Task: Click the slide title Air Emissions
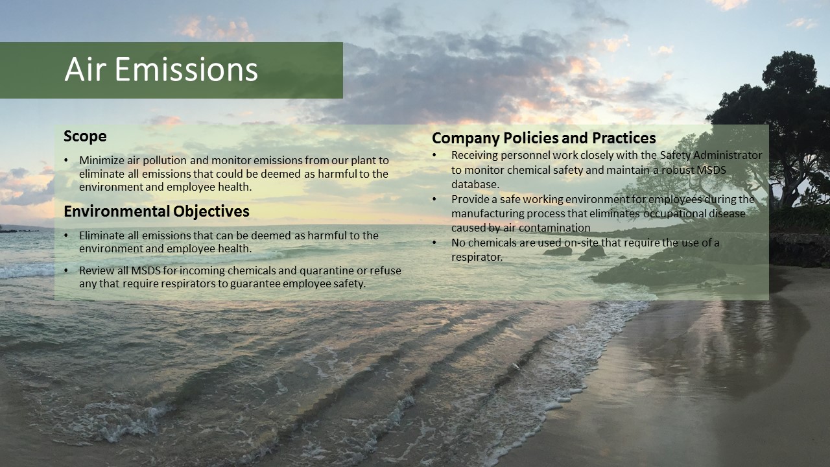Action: point(161,69)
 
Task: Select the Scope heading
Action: point(85,136)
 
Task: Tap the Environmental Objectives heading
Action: point(156,211)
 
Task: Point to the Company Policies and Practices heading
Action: point(543,138)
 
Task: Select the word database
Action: point(475,184)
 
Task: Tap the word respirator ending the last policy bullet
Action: point(477,257)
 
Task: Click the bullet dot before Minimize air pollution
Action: point(66,160)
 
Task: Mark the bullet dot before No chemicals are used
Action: point(434,243)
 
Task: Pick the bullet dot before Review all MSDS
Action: point(66,271)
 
